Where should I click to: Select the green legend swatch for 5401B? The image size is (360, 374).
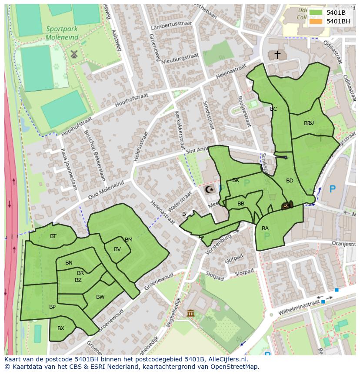(x=316, y=13)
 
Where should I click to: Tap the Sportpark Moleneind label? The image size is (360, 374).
(x=63, y=33)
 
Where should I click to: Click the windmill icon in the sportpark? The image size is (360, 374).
(x=74, y=54)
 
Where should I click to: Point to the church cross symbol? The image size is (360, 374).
(x=277, y=55)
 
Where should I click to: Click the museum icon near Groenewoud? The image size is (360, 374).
(x=190, y=313)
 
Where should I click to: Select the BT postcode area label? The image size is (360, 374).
(x=53, y=236)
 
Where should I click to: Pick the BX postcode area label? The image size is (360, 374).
(x=61, y=328)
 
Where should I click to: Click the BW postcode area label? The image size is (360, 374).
(x=100, y=297)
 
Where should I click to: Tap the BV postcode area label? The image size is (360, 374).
(x=117, y=249)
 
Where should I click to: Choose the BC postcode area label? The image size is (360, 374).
(x=273, y=109)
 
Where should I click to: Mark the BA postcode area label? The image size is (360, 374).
(x=265, y=228)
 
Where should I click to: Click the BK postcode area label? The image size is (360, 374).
(x=236, y=180)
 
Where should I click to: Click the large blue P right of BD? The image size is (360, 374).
(x=333, y=189)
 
